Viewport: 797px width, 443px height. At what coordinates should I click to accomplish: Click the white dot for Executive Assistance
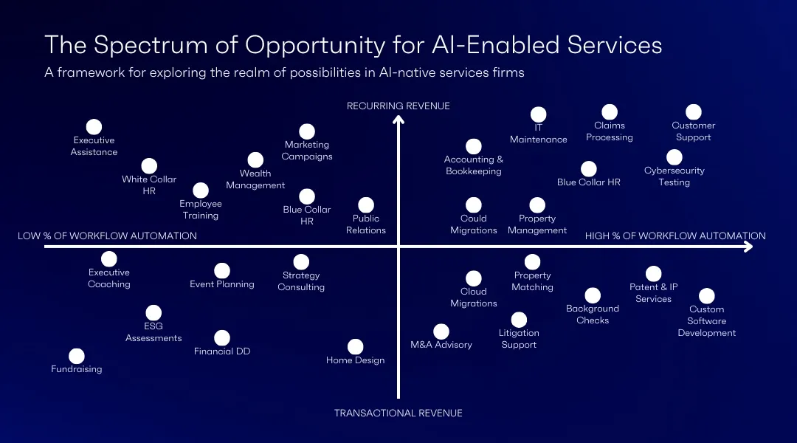[x=94, y=127]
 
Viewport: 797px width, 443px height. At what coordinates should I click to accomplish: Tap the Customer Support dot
[x=693, y=112]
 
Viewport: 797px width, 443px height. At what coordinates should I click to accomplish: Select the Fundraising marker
[x=77, y=357]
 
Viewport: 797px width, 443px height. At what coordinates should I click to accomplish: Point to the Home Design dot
[x=356, y=347]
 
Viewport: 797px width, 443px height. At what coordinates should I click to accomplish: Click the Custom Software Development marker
[x=706, y=296]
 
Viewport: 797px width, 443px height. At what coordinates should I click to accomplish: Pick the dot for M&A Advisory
[x=441, y=332]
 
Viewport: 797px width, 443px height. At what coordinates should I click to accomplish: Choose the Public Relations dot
[x=366, y=205]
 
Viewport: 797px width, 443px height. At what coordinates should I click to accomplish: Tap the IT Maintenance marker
[x=539, y=114]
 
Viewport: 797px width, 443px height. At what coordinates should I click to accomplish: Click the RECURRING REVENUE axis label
[x=398, y=106]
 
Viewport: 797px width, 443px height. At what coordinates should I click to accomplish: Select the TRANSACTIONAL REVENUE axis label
[x=398, y=413]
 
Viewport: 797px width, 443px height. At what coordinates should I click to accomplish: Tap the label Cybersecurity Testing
[x=674, y=176]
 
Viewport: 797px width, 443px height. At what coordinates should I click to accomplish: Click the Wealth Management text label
[x=255, y=179]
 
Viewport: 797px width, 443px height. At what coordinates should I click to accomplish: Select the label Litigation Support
[x=519, y=339]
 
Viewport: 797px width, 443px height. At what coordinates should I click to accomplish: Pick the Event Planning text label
[x=222, y=284]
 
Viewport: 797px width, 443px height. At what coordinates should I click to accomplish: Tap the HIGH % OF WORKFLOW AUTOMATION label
[x=675, y=236]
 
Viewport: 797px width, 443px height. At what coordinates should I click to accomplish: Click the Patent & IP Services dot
[x=653, y=275]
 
